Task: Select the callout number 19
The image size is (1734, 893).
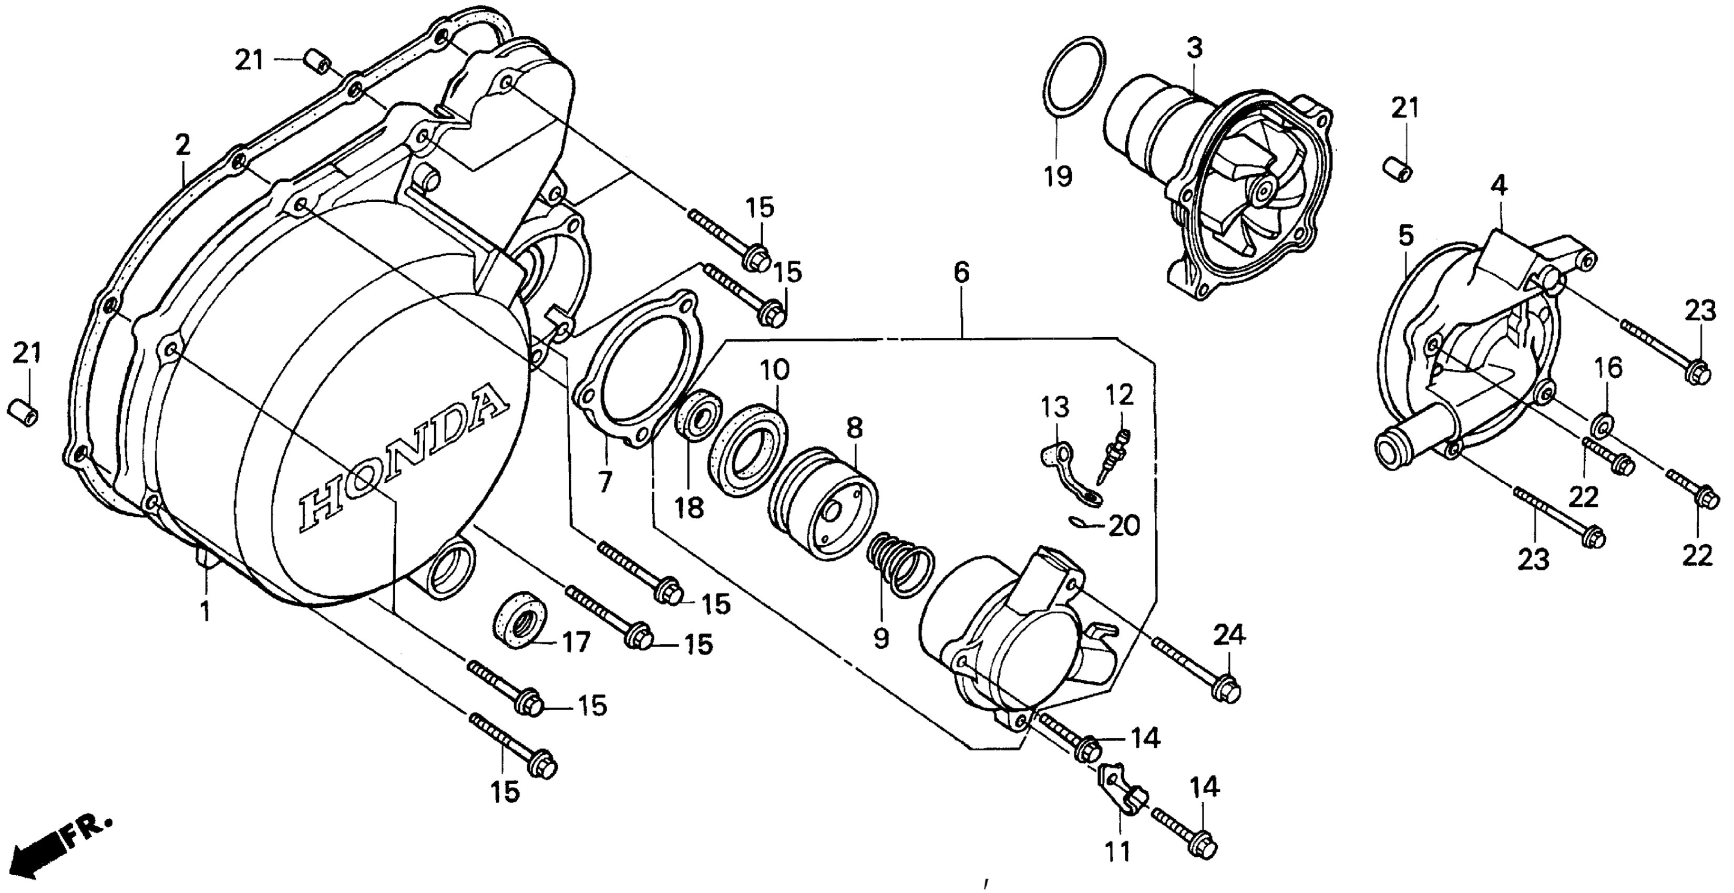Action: click(1058, 177)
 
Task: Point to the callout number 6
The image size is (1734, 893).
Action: click(961, 273)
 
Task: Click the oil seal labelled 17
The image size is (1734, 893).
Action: click(520, 620)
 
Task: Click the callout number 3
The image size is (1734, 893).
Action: click(1194, 48)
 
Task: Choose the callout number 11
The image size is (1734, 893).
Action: click(1117, 852)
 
